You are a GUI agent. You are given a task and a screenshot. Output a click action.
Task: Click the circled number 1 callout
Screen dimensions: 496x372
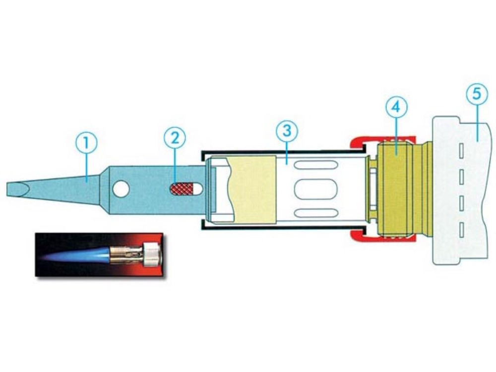(86, 143)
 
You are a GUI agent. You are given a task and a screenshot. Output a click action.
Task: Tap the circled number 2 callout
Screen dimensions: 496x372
(175, 138)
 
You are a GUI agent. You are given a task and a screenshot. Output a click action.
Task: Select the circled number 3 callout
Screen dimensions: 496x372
(287, 131)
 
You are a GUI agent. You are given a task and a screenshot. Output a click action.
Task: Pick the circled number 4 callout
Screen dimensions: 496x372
(396, 108)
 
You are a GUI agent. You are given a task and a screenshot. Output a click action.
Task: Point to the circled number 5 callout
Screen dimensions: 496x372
(478, 94)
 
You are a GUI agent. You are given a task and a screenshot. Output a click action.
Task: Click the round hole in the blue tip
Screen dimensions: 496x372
(121, 189)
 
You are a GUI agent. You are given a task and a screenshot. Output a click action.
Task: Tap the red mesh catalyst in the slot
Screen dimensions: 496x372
(182, 189)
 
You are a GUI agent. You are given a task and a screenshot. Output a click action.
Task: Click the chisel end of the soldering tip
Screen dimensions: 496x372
(17, 189)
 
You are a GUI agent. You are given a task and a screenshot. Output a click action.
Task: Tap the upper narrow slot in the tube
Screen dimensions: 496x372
(315, 165)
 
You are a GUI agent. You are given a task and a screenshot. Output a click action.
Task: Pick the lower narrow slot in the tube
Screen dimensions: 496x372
(315, 213)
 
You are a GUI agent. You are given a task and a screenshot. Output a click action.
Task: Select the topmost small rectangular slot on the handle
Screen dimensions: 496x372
(461, 151)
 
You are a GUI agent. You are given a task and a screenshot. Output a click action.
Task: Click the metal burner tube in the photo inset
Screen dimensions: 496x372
(127, 254)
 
